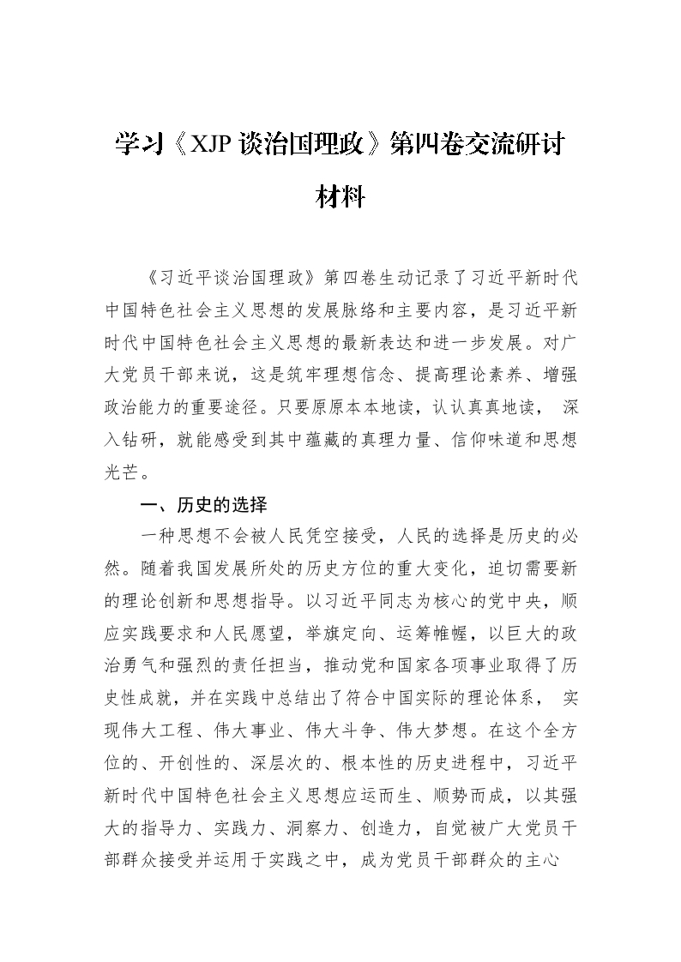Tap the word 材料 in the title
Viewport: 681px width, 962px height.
pyautogui.click(x=340, y=198)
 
